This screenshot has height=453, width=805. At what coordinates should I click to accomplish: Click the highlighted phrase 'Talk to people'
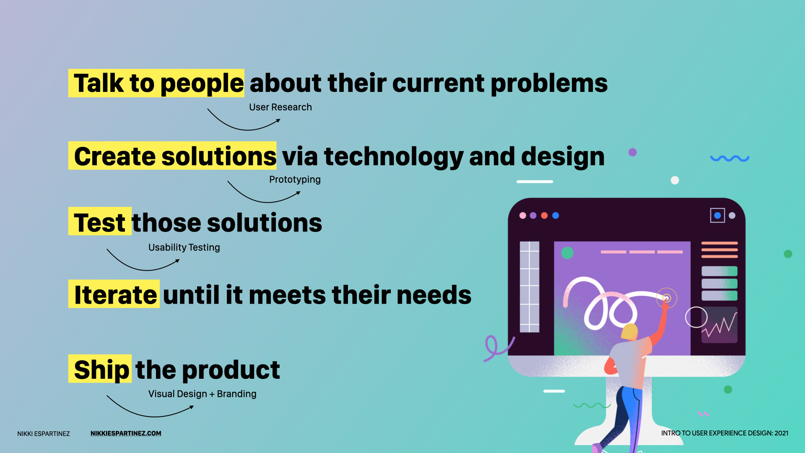(x=158, y=83)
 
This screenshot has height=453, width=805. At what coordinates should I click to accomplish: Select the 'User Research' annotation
(x=280, y=107)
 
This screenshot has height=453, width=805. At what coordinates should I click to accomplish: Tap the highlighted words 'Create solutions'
(x=175, y=156)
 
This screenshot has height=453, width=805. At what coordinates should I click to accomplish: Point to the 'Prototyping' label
(x=295, y=180)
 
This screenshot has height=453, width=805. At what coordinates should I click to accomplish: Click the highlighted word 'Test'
(x=100, y=222)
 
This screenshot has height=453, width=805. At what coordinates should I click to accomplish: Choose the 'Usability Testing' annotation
(x=184, y=247)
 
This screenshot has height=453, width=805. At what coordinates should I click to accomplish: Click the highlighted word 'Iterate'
(x=116, y=294)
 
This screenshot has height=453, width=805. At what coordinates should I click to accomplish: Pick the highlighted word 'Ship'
(x=101, y=370)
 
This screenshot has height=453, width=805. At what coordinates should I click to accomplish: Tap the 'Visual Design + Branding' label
(x=202, y=394)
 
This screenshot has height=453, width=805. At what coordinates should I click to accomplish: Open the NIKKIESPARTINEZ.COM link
(x=126, y=433)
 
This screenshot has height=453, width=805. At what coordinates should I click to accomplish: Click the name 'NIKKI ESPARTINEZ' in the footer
(x=44, y=434)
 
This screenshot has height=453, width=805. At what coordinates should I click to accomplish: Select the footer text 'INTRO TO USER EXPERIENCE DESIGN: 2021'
(x=724, y=433)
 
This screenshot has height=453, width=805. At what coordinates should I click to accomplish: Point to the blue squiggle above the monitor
(x=730, y=159)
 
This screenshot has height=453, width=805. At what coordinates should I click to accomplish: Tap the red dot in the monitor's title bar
(x=544, y=216)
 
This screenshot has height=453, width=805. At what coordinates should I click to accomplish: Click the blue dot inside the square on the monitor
(x=717, y=216)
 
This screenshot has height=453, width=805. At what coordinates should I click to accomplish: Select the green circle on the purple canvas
(x=567, y=253)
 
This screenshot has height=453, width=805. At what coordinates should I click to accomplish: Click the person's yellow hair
(x=629, y=332)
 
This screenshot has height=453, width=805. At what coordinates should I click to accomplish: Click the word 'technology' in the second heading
(x=394, y=157)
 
